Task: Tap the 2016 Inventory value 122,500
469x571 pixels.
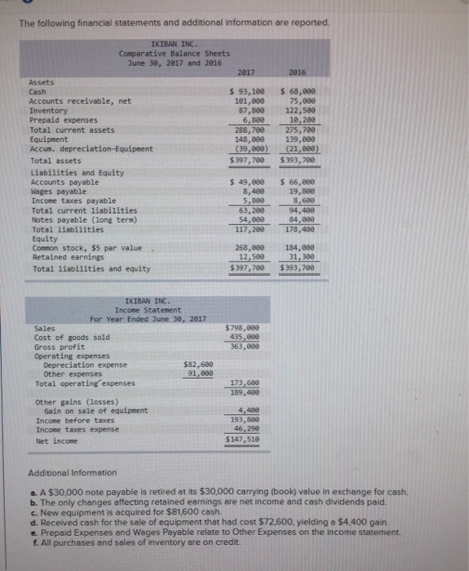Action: coord(298,109)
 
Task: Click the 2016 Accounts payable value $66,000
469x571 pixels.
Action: coord(297,181)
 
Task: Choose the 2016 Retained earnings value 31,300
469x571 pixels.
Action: coord(299,257)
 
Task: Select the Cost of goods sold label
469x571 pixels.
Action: coord(72,337)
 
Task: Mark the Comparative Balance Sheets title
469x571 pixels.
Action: coord(163,53)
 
